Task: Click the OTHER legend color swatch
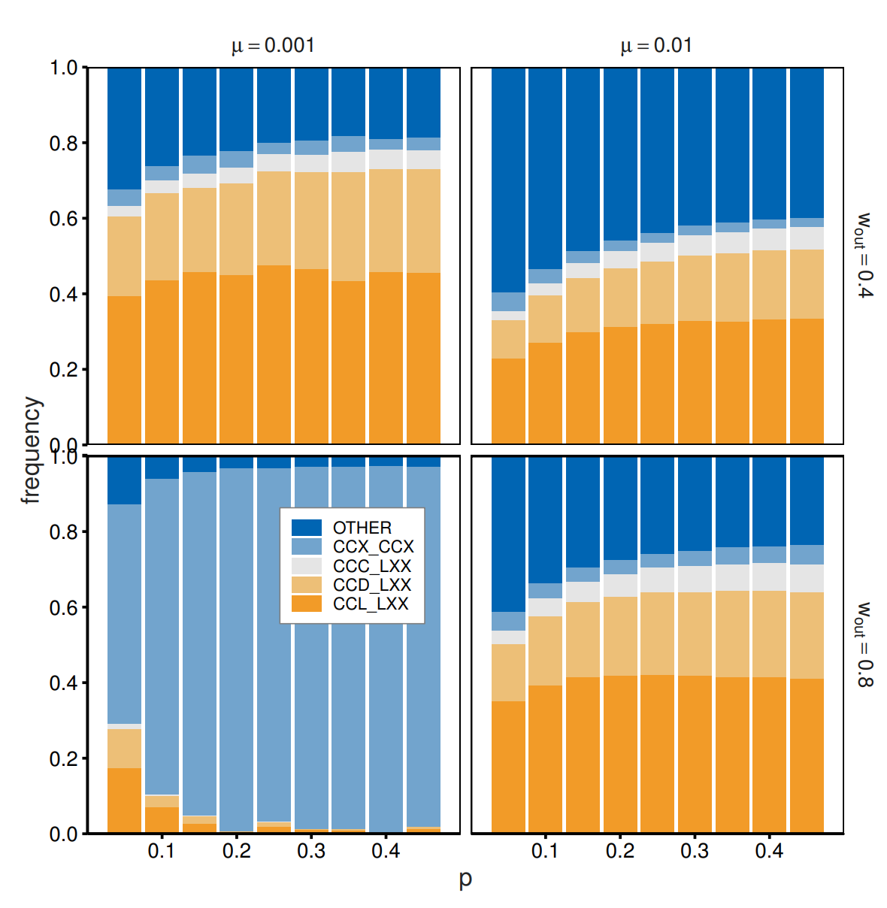coord(306,528)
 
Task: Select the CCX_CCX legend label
coord(373,546)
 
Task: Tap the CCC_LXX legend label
coord(372,566)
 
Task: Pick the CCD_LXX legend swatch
coord(306,585)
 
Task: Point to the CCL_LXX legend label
coord(371,604)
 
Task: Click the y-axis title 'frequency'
coord(32,449)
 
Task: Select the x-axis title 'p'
coord(465,879)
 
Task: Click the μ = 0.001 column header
coord(273,46)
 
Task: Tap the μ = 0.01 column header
coord(656,46)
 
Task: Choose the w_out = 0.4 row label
coord(865,256)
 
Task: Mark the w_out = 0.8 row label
coord(865,644)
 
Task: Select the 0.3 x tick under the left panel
coord(310,851)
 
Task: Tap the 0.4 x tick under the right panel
coord(769,851)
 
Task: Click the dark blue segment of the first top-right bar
coord(508,180)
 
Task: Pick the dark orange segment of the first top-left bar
coord(124,368)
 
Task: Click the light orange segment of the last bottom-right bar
coord(807,635)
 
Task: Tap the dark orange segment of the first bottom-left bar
coord(124,801)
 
